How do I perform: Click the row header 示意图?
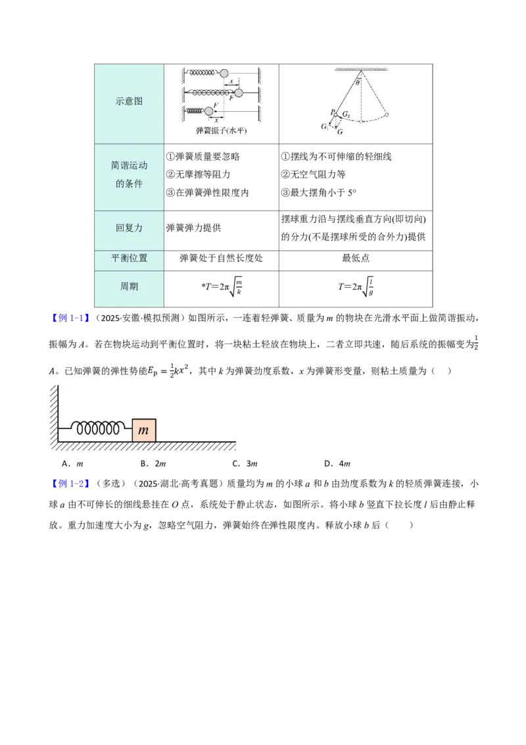point(129,101)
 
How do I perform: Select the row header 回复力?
point(129,228)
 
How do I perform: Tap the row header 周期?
point(129,286)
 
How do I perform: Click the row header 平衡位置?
point(129,258)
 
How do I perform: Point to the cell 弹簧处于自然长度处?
point(221,258)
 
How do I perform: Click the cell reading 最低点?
point(356,258)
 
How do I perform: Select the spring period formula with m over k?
point(222,286)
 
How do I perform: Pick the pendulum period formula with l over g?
point(356,286)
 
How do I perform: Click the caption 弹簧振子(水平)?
point(221,130)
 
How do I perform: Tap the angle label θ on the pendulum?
point(358,82)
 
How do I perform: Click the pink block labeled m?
point(144,430)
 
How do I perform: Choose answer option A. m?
point(72,463)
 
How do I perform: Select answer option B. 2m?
point(153,463)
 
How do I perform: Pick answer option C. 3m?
point(245,463)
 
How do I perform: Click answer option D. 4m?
point(337,463)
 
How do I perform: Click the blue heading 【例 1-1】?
point(69,319)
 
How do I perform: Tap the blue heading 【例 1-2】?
point(69,484)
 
